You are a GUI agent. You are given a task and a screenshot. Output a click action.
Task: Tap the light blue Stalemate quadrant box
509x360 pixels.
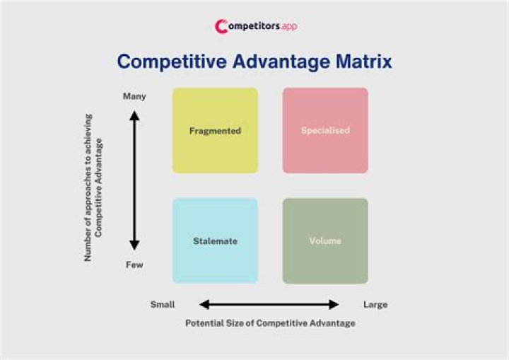pos(215,258)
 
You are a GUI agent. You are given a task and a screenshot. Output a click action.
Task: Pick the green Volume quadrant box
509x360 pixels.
pos(325,258)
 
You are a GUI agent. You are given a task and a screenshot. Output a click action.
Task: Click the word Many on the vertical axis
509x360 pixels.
pos(134,96)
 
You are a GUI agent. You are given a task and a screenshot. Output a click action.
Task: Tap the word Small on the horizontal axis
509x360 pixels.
pos(163,305)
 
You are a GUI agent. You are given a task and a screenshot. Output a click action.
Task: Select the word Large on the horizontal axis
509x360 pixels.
pos(375,305)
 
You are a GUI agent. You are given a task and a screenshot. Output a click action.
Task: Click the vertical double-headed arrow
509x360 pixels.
pos(134,180)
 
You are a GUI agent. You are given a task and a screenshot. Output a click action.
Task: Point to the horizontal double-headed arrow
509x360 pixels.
pos(269,305)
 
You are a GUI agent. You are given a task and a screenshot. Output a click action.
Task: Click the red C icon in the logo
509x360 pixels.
pos(221,27)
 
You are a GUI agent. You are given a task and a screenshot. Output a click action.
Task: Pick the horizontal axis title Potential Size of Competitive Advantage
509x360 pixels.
pos(270,323)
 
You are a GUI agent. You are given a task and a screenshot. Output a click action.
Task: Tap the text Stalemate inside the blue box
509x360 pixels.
pos(215,241)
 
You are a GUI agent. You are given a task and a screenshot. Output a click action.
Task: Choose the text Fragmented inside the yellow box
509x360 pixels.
pos(215,131)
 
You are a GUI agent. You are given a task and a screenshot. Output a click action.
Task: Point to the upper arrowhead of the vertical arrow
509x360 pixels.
pos(134,116)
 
